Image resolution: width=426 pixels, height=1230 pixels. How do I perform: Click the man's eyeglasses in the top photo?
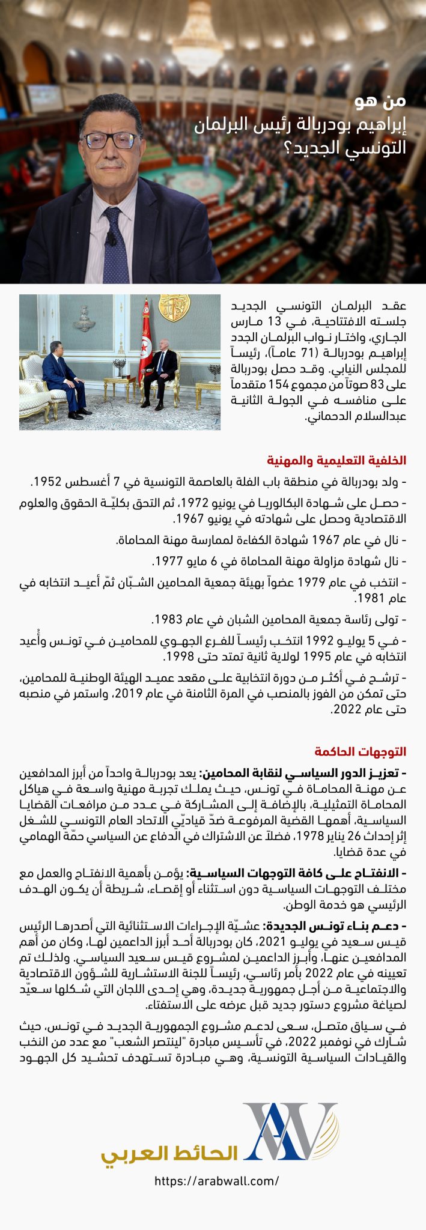pyautogui.click(x=111, y=141)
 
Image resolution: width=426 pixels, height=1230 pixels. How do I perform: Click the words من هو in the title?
pyautogui.click(x=389, y=102)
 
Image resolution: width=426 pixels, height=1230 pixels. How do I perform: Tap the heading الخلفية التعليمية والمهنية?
pyautogui.click(x=336, y=461)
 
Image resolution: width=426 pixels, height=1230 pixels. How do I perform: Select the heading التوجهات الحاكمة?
pyautogui.click(x=361, y=751)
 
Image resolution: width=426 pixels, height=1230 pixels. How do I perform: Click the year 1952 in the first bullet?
pyautogui.click(x=46, y=482)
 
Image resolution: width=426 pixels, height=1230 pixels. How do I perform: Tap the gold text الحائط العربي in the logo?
pyautogui.click(x=170, y=1154)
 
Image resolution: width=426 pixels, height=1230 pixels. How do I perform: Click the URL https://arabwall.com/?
pyautogui.click(x=217, y=1181)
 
